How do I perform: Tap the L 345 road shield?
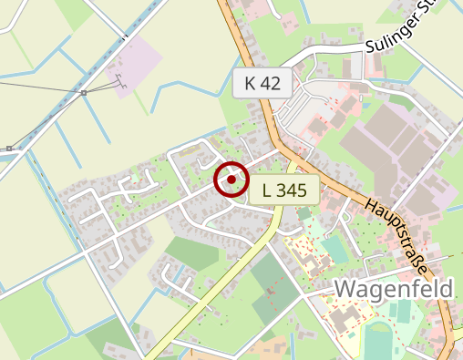[283, 190]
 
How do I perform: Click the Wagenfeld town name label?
[394, 290]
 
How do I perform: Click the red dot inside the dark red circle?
[231, 180]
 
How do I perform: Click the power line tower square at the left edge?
[8, 148]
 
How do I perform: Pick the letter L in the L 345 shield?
[266, 190]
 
